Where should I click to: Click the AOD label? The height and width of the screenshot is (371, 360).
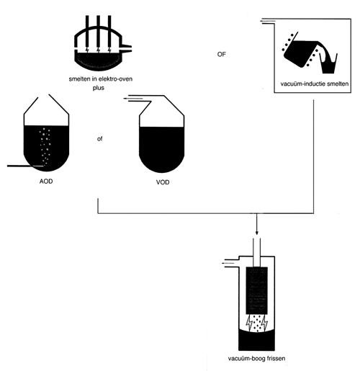(x=46, y=181)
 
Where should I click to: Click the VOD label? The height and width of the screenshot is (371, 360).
(x=163, y=182)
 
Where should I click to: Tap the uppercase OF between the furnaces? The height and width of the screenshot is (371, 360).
(x=221, y=54)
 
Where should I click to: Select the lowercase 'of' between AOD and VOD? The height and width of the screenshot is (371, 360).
(x=99, y=139)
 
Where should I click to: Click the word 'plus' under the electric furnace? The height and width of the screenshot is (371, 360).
(x=99, y=88)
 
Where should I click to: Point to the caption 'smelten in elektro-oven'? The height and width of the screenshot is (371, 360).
(x=101, y=79)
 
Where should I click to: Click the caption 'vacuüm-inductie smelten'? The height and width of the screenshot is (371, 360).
(x=315, y=84)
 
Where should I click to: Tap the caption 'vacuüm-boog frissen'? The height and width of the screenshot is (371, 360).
(x=256, y=359)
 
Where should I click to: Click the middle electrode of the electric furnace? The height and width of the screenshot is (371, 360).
(x=98, y=31)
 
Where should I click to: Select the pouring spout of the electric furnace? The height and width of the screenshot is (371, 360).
(x=127, y=48)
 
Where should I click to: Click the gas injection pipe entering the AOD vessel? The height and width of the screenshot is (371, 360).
(x=25, y=166)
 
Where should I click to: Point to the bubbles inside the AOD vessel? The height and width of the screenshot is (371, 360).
(x=45, y=146)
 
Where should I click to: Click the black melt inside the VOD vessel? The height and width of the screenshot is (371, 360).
(x=162, y=149)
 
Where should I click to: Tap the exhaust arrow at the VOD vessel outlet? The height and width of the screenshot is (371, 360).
(x=133, y=99)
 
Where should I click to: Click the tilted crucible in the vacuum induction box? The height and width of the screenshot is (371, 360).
(x=300, y=53)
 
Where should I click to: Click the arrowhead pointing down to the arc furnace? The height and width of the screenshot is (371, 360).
(x=257, y=233)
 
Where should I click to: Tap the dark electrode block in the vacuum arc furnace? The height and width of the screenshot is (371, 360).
(x=257, y=290)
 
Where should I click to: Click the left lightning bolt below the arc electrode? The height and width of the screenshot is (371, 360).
(x=249, y=323)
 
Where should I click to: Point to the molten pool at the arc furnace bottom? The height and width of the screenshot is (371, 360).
(x=256, y=341)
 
